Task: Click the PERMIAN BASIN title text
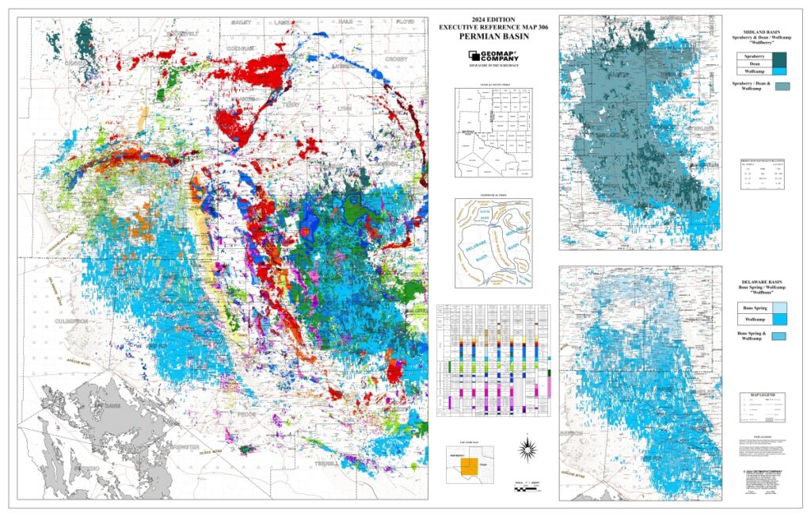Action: (x=493, y=36)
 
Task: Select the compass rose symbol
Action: (x=525, y=448)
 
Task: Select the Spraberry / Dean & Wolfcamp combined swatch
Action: (x=782, y=86)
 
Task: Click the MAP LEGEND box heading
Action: (x=761, y=395)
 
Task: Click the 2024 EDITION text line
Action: (x=493, y=20)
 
